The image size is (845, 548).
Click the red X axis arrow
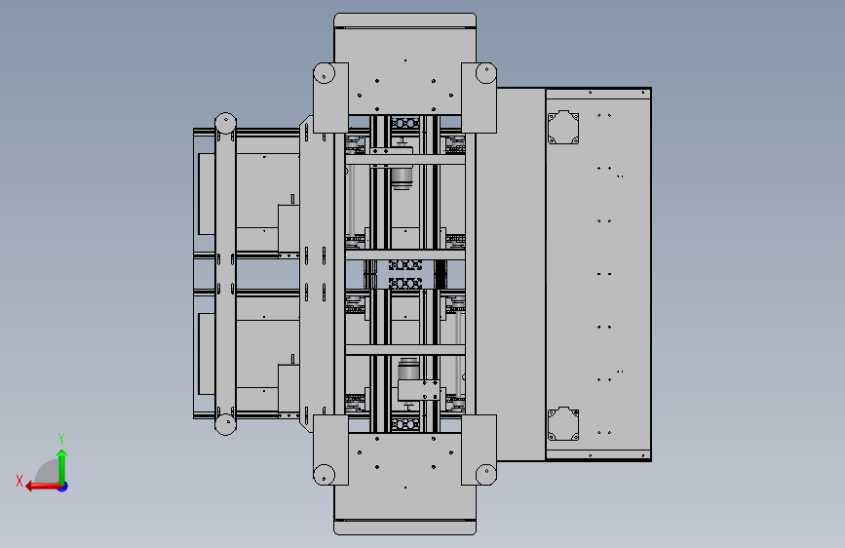43,487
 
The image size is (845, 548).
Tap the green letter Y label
61,439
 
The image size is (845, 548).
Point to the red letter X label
19,481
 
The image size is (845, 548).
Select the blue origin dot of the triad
63,487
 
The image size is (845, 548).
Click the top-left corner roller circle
324,73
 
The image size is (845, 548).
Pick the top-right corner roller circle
486,73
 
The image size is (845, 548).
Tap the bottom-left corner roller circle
324,475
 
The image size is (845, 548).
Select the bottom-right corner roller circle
486,475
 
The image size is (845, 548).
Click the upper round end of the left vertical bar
225,123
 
